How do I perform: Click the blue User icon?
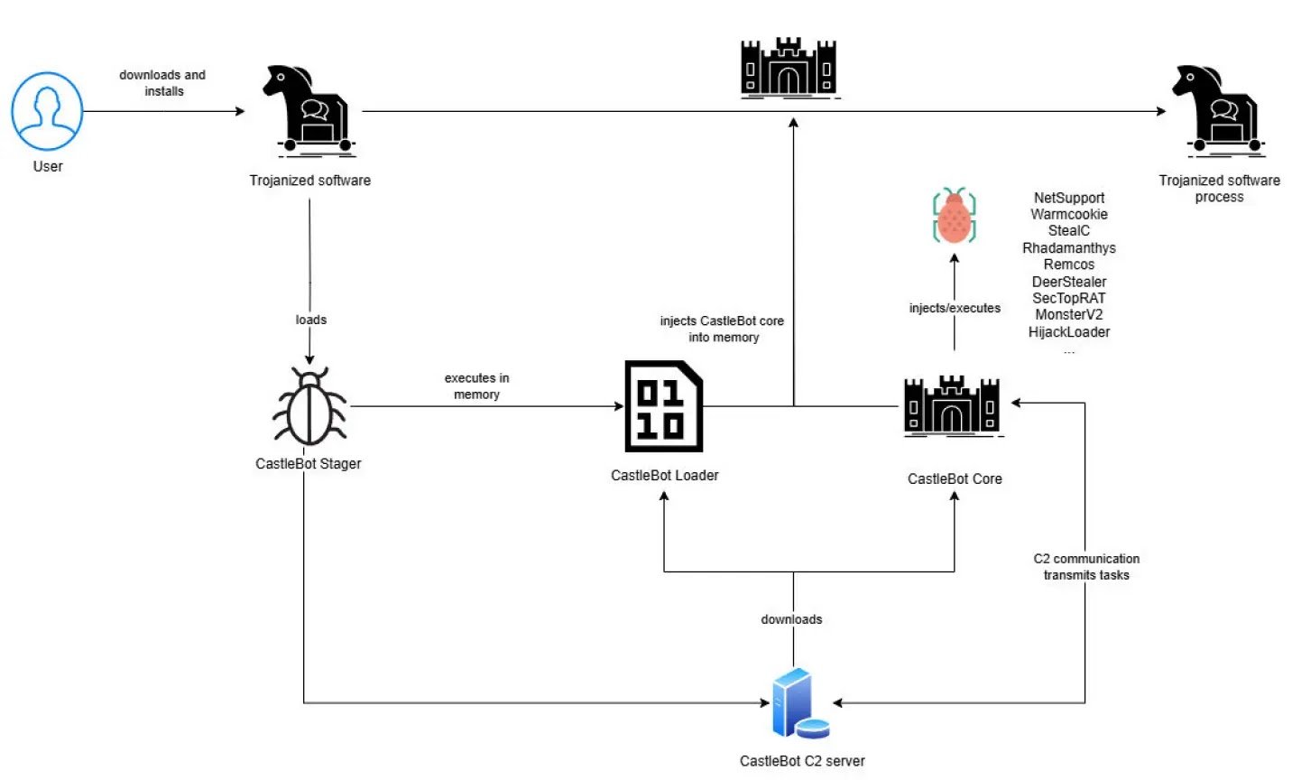47,111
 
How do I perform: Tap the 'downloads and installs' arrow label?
162,83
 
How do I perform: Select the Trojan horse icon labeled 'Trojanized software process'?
1217,109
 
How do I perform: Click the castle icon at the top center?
789,68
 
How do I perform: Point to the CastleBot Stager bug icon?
309,407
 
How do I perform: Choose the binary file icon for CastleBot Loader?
664,407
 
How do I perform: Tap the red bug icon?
954,217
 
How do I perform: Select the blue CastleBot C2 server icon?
799,704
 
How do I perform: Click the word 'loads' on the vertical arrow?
310,320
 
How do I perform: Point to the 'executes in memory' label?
476,386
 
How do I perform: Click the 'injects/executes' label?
955,308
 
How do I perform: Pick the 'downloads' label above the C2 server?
791,619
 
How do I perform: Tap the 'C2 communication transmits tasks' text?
1086,567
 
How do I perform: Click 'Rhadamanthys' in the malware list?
1068,247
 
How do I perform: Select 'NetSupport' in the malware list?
1068,198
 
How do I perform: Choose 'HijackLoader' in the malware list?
1068,331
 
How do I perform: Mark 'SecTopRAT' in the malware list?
1068,298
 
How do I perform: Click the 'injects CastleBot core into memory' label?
722,329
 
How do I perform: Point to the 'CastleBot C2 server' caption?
802,761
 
